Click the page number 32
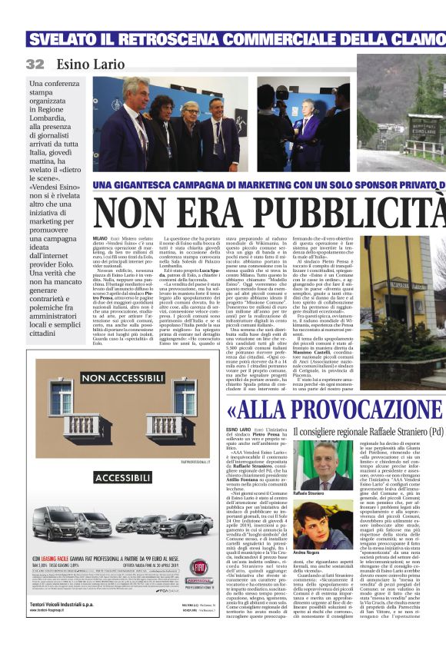35,64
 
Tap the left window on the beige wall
62,396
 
